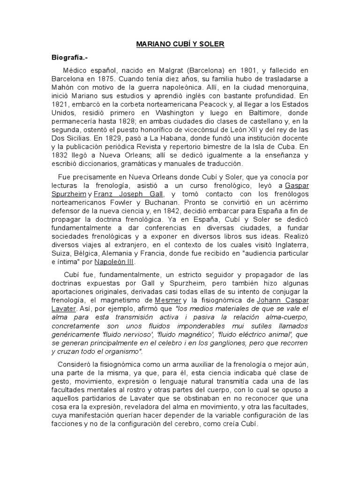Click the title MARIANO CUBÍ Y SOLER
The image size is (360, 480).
pyautogui.click(x=180, y=45)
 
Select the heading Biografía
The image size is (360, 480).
pyautogui.click(x=69, y=57)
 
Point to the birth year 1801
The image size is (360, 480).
pyautogui.click(x=255, y=70)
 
